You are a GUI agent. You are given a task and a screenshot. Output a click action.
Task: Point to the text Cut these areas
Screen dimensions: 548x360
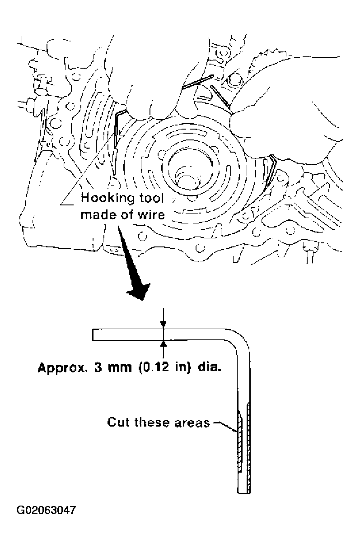click(x=159, y=423)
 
